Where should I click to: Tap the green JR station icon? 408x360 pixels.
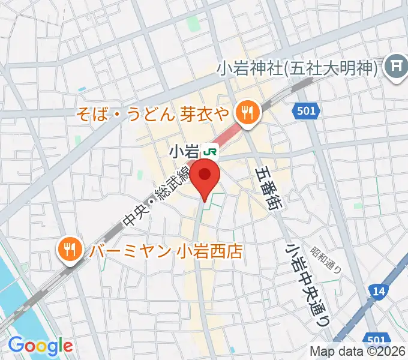(x=211, y=149)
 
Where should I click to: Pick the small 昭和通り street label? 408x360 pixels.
(x=326, y=260)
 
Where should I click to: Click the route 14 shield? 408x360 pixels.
(x=378, y=291)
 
